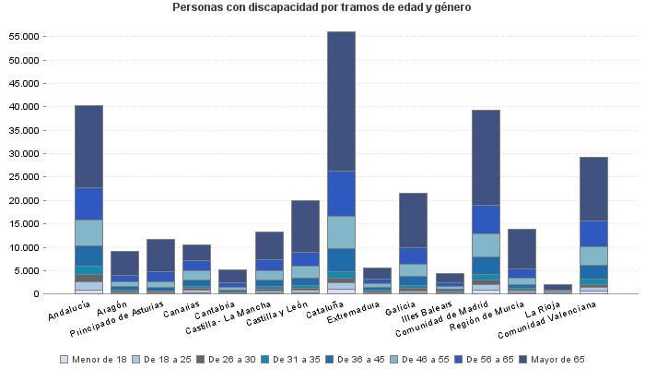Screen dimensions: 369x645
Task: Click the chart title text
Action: click(x=322, y=7)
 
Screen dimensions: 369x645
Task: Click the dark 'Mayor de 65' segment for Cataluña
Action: click(x=341, y=101)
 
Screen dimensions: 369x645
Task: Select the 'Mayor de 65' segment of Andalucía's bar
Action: click(x=88, y=147)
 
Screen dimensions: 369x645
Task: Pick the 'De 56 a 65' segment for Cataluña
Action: click(x=341, y=194)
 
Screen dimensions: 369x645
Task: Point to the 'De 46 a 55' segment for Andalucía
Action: click(x=88, y=232)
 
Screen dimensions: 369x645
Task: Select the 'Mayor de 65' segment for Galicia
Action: click(x=413, y=220)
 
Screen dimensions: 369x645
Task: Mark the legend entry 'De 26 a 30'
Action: click(x=229, y=360)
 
